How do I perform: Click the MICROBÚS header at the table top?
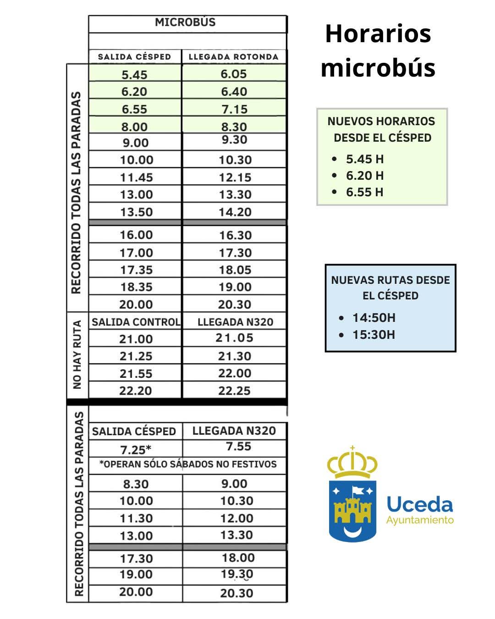[x=185, y=22]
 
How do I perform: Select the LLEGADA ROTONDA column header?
[x=234, y=57]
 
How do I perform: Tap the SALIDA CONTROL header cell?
[x=136, y=322]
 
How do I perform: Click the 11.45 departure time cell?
[x=136, y=177]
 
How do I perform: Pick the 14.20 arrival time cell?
[x=235, y=212]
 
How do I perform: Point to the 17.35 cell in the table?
[x=136, y=270]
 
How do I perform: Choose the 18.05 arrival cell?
[x=235, y=270]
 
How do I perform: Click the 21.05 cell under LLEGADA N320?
[x=234, y=338]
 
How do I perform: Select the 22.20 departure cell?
[x=136, y=391]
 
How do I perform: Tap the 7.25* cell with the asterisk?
[x=136, y=450]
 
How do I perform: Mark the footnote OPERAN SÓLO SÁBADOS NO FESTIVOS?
[x=188, y=464]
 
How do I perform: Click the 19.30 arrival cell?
[x=236, y=574]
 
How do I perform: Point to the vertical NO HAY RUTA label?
[x=77, y=354]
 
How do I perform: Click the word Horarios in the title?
[x=378, y=33]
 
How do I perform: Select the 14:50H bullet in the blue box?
[x=374, y=318]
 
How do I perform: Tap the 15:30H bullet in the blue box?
[x=374, y=335]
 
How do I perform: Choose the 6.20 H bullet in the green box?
[x=365, y=176]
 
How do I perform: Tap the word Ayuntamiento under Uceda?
[x=420, y=520]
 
